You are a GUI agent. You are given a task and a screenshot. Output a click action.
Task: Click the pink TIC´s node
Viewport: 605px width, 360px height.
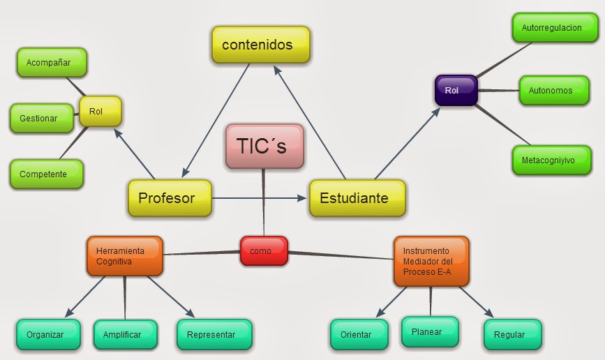click(265, 147)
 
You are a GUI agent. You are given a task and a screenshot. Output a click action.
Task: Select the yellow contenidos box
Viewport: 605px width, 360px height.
click(260, 45)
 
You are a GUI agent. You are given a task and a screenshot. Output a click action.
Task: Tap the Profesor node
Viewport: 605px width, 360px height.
click(170, 198)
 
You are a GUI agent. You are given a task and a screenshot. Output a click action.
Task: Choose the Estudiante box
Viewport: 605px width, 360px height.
click(357, 198)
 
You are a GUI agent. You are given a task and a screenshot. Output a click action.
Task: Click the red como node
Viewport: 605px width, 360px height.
click(264, 251)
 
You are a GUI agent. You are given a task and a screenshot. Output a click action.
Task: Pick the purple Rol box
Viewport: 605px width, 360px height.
click(456, 90)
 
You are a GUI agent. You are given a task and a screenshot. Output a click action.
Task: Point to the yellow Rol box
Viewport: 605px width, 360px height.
click(100, 111)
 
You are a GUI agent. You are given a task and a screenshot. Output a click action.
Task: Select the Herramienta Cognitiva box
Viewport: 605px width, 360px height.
click(124, 255)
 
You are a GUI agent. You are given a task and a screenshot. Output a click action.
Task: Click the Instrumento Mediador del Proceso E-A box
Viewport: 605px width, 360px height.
click(431, 261)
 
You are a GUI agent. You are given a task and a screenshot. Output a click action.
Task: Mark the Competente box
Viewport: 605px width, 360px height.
click(47, 174)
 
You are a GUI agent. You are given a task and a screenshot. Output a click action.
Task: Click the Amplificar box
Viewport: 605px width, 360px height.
click(122, 334)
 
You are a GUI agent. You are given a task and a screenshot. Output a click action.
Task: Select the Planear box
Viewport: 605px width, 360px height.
click(430, 331)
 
